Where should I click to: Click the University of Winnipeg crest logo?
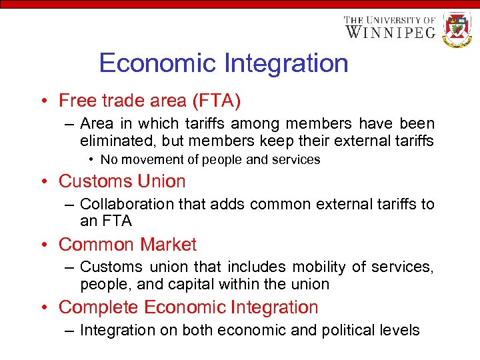[x=457, y=29]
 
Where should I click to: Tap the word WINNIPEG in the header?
[x=390, y=31]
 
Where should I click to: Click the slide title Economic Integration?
[x=223, y=63]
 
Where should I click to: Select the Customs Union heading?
[x=122, y=181]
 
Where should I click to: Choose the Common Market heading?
[x=127, y=245]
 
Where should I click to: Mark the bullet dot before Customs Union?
[x=43, y=182]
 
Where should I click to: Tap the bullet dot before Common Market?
[x=43, y=245]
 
